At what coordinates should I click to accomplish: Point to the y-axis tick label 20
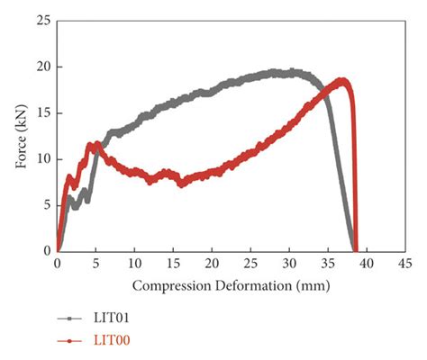[x=42, y=67]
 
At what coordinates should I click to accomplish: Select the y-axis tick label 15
[x=42, y=112]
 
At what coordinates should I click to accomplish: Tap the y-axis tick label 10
[x=42, y=158]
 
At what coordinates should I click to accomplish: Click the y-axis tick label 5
[x=46, y=204]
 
